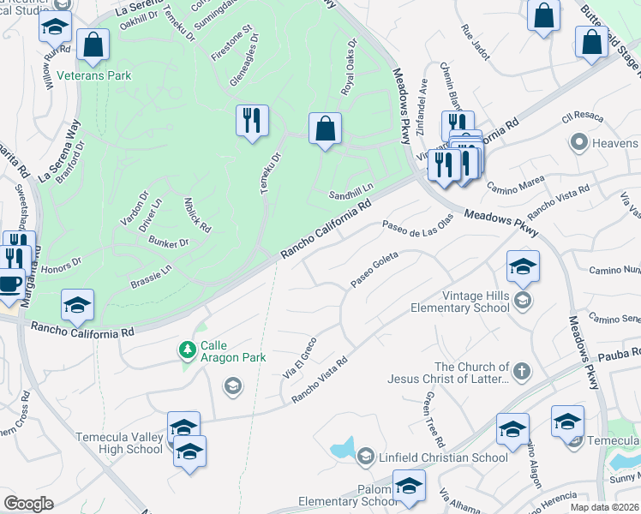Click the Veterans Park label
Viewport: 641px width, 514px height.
pyautogui.click(x=94, y=75)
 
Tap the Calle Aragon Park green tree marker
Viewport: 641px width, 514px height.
pyautogui.click(x=187, y=350)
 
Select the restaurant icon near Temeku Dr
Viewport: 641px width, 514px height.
pyautogui.click(x=252, y=121)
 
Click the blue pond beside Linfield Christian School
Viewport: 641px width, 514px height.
pyautogui.click(x=341, y=448)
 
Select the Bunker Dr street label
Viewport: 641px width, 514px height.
pyautogui.click(x=168, y=243)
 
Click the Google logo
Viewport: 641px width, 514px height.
pyautogui.click(x=28, y=503)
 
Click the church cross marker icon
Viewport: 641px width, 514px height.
pyautogui.click(x=522, y=372)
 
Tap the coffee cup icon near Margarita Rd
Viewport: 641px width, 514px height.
pyautogui.click(x=9, y=284)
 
